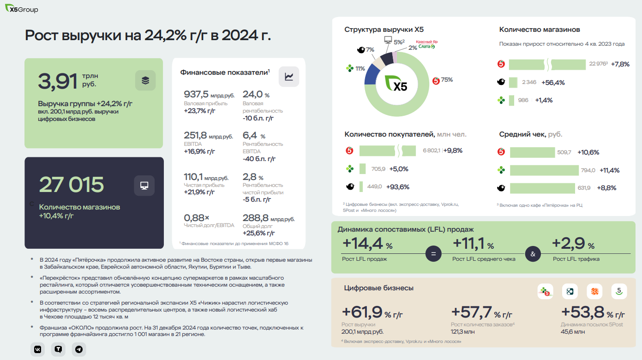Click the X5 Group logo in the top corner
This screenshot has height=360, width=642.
point(22,9)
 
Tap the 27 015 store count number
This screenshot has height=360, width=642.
point(72,185)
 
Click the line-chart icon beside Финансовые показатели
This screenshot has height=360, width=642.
point(289,77)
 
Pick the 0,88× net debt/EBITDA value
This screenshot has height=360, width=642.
point(197,217)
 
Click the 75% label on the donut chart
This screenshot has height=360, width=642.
point(446,80)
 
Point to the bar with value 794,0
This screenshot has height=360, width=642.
point(544,170)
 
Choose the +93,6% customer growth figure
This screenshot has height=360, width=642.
point(399,187)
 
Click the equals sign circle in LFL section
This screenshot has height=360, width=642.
point(433,253)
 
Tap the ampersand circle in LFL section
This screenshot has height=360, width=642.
point(533,253)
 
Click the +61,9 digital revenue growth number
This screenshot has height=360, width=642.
point(362,313)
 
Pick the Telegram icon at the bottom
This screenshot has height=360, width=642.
point(79,349)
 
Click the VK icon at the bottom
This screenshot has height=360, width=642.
point(38,349)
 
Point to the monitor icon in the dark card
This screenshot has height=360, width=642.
point(144,186)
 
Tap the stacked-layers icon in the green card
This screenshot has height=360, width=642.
point(145,80)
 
